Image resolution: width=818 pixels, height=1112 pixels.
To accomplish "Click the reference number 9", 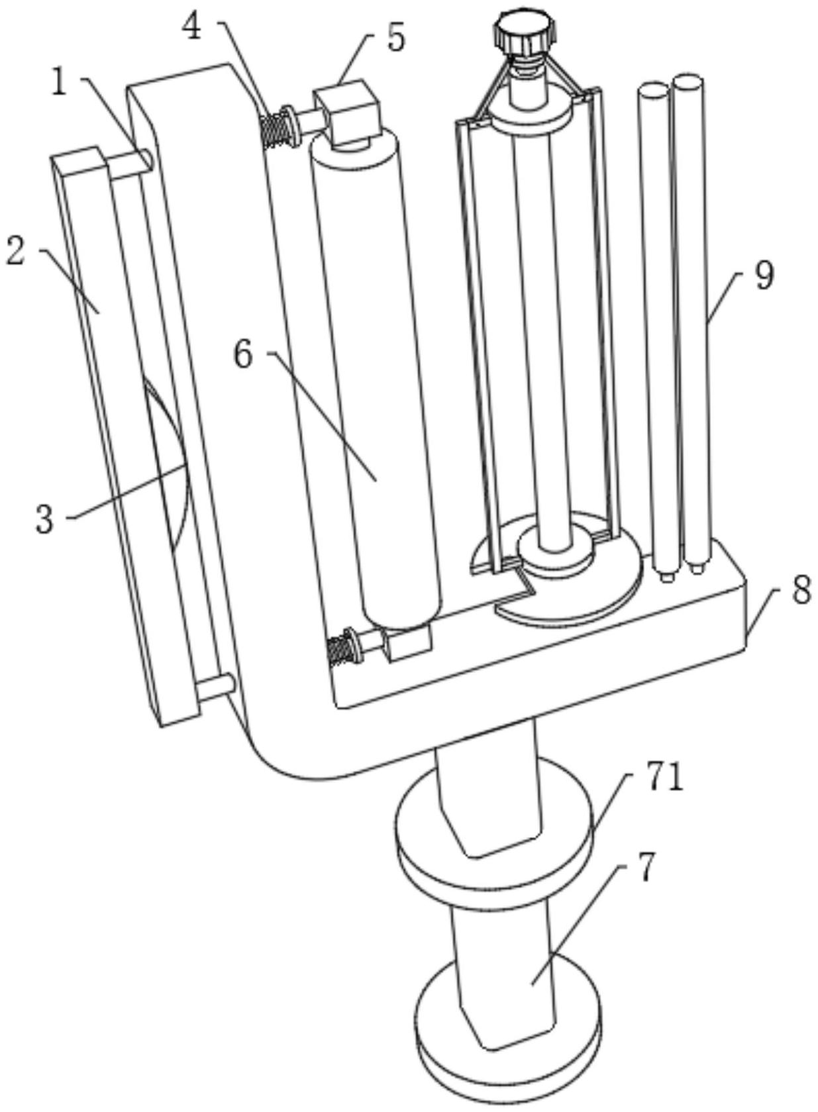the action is pyautogui.click(x=764, y=276).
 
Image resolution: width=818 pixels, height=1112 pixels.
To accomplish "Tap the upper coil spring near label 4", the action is pyautogui.click(x=276, y=128).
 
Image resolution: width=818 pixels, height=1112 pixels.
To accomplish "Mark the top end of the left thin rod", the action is pyautogui.click(x=652, y=90).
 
